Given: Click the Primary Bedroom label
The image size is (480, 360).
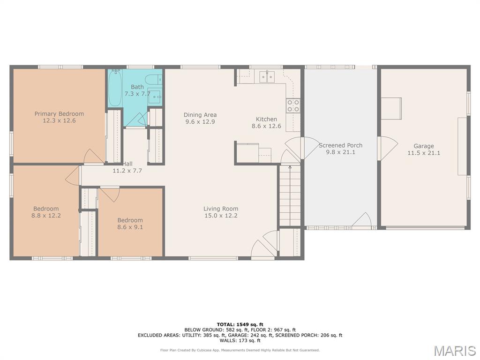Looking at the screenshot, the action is tap(59, 114).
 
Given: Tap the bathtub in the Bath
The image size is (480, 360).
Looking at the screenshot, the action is tap(115, 88).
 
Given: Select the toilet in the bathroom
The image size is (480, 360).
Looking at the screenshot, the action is tap(154, 80).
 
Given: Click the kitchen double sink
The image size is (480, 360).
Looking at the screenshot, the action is tap(268, 77).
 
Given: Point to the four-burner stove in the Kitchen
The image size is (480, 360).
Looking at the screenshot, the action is tap(293, 105).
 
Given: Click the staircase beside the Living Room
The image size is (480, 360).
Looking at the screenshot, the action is tap(290, 195).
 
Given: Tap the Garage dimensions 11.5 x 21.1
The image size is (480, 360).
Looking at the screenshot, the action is tap(424, 153).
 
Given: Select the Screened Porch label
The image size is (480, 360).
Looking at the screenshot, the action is tap(340, 145).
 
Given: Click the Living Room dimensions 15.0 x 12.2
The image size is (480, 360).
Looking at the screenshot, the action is tap(221, 216).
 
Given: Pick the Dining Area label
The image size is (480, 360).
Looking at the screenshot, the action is tap(200, 115).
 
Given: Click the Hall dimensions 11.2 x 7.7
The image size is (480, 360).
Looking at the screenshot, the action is tap(127, 171).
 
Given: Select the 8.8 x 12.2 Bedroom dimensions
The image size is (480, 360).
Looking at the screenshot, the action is tap(46, 216).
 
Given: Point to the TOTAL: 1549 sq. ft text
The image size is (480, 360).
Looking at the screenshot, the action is tap(240, 324).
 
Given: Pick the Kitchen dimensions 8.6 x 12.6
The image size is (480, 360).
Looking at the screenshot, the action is tap(266, 126).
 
